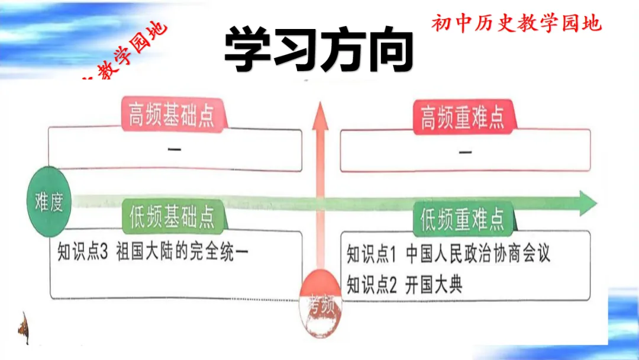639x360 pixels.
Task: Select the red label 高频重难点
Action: click(x=463, y=117)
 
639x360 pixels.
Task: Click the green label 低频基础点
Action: click(x=172, y=217)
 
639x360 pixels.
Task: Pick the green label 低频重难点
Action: click(x=463, y=220)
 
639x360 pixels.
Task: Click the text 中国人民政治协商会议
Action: click(x=478, y=255)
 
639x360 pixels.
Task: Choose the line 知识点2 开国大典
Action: click(x=405, y=285)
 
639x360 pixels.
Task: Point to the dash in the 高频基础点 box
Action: click(x=175, y=149)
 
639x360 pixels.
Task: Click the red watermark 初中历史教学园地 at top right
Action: click(x=516, y=23)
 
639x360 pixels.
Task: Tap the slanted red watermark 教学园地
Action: click(x=127, y=53)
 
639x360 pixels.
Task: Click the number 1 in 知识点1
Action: click(x=393, y=255)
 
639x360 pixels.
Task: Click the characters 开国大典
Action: click(x=434, y=285)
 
